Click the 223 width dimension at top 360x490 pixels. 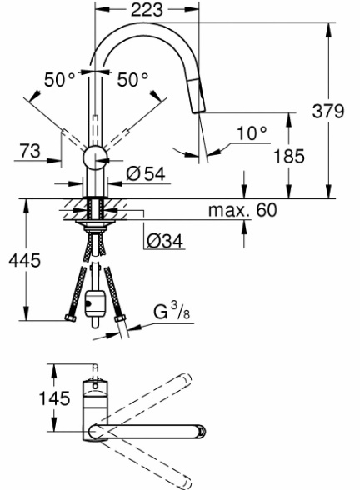(147, 10)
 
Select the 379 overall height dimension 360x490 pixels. (328, 111)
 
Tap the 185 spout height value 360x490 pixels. (289, 156)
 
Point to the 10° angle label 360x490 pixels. (252, 133)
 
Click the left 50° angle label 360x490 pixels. (60, 79)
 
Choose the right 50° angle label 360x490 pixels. (132, 79)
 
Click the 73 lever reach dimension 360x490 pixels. (30, 151)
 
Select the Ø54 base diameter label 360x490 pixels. (146, 173)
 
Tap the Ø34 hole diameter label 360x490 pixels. (165, 241)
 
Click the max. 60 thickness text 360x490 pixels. (242, 210)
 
